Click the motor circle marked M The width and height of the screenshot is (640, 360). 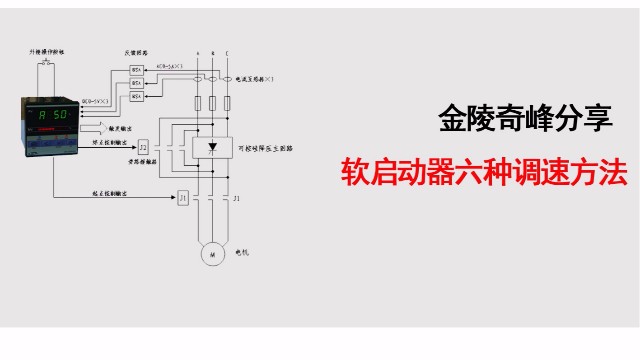[x=213, y=254]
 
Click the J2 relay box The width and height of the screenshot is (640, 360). [x=144, y=147]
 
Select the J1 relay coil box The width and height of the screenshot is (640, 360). [x=183, y=199]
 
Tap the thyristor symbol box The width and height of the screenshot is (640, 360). [x=211, y=147]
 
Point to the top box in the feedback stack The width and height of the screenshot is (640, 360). [x=138, y=69]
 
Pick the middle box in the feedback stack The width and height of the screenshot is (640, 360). [x=138, y=83]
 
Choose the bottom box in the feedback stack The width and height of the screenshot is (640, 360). [x=138, y=97]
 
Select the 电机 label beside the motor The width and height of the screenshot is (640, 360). [x=242, y=253]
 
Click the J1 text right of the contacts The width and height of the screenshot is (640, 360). [x=236, y=199]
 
